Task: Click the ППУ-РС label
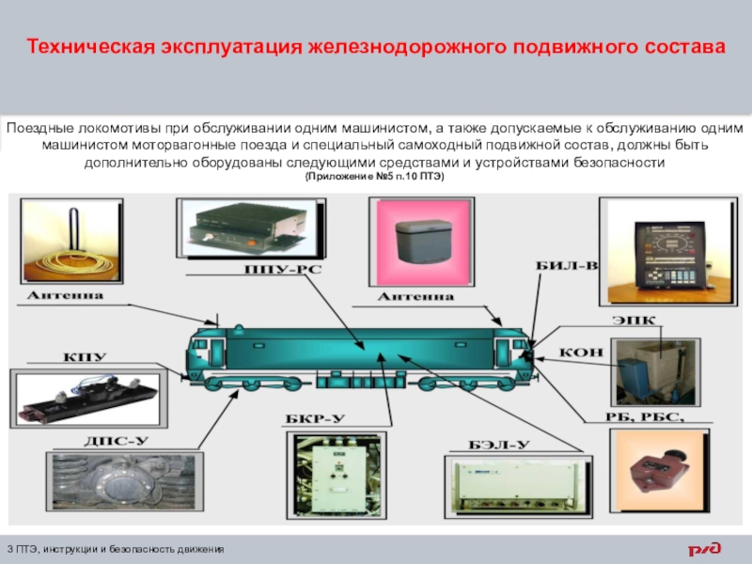[283, 269]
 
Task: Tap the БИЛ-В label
[567, 266]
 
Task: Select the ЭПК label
[633, 321]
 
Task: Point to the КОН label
[581, 352]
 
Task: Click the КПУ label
[85, 357]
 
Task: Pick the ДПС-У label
[117, 441]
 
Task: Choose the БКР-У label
[316, 418]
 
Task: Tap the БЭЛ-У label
[499, 445]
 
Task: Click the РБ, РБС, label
[645, 416]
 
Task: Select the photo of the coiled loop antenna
[71, 241]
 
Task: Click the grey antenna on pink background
[421, 242]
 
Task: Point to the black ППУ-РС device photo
[251, 228]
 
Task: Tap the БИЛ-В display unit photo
[668, 251]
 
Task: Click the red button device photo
[660, 471]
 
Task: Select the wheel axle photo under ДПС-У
[125, 481]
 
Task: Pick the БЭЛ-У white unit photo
[519, 486]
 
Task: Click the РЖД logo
[704, 549]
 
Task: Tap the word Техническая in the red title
[91, 47]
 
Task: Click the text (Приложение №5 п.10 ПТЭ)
[374, 177]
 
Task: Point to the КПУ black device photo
[88, 399]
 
